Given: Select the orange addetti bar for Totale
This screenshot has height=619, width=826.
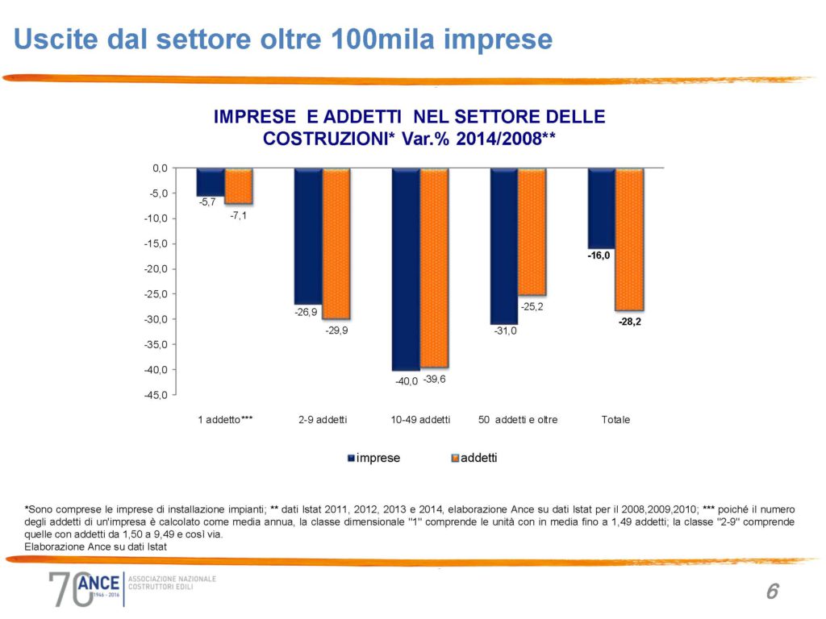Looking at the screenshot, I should point(629,239).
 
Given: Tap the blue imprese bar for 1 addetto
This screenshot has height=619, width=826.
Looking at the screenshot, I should point(210,181).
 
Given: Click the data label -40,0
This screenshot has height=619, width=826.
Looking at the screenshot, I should point(407,381).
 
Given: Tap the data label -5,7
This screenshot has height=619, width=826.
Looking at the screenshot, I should point(207,202).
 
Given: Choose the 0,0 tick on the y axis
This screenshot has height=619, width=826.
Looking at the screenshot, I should point(160,168).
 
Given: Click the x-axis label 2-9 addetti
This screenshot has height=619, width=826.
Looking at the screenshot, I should point(322,420).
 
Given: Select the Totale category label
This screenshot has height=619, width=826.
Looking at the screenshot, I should point(615,420).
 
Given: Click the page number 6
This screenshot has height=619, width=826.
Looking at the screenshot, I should point(772,592).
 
